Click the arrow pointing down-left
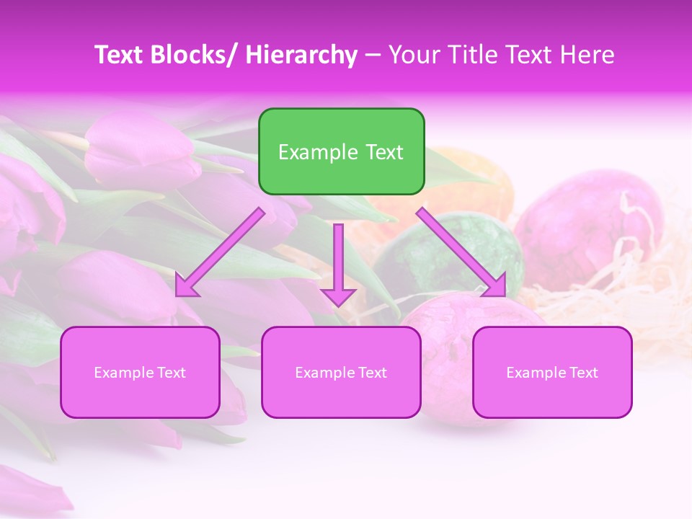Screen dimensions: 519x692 [x=220, y=252]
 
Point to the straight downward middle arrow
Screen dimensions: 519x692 [x=338, y=264]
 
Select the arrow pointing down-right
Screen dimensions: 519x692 [x=461, y=252]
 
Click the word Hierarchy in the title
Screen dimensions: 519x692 [x=301, y=56]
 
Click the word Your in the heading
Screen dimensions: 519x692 [x=414, y=56]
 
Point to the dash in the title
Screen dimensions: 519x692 [x=372, y=56]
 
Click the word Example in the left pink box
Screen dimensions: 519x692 [x=120, y=373]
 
